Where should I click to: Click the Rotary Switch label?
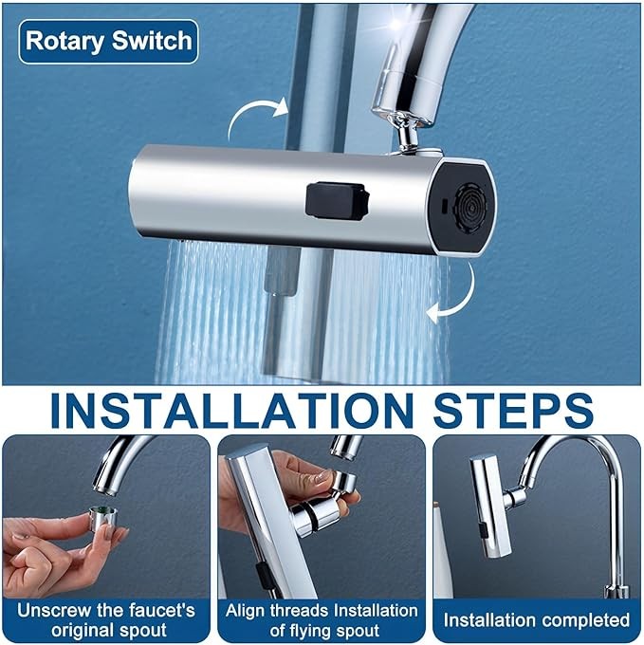coord(108,41)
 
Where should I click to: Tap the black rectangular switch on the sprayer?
coord(337,201)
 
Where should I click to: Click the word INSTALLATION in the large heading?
coord(232,412)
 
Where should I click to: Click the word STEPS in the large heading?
coord(513,412)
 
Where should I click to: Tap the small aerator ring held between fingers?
coord(103,516)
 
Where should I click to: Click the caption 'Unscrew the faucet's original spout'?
coord(106,620)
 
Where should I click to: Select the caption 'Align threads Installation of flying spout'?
coord(322,620)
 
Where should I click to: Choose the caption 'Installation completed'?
coord(536,620)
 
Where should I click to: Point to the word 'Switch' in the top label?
coord(152,41)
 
